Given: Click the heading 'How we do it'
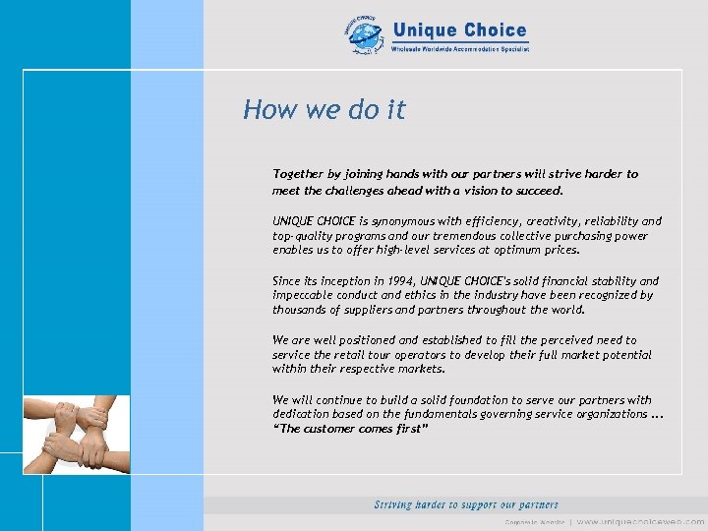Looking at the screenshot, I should [324, 109].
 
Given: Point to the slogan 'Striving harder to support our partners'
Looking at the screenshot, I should [466, 504].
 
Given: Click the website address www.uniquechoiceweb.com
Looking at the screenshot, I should [639, 521].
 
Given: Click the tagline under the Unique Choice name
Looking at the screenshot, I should [460, 48].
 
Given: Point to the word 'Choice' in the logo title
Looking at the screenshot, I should [494, 30].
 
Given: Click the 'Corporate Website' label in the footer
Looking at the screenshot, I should [535, 521].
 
